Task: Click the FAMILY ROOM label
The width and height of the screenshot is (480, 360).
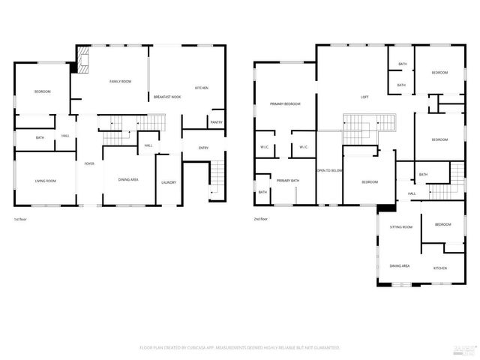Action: tap(120, 81)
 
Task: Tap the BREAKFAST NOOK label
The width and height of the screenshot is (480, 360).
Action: tap(167, 97)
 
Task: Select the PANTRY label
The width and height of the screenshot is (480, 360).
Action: tap(216, 122)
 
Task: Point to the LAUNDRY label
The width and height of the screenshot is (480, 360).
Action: tap(168, 182)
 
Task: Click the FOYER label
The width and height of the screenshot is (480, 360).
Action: tap(89, 163)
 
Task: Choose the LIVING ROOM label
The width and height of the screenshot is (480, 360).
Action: tap(45, 181)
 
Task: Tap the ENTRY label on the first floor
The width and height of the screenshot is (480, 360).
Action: tap(203, 148)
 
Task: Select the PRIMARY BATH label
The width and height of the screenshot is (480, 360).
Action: tap(287, 181)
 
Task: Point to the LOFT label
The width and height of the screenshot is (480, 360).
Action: tap(364, 97)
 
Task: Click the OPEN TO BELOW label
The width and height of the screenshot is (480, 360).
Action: tap(329, 170)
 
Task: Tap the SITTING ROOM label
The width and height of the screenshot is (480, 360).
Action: tap(400, 226)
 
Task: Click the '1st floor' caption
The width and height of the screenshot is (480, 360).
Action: tap(20, 219)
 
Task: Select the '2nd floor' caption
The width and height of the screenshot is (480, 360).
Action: tap(262, 219)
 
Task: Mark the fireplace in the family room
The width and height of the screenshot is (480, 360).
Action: tap(82, 60)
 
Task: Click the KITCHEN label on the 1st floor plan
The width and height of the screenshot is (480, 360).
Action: tap(201, 88)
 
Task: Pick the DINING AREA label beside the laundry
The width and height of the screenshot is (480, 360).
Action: tap(128, 180)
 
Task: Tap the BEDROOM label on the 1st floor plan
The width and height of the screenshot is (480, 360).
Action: tap(42, 91)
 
